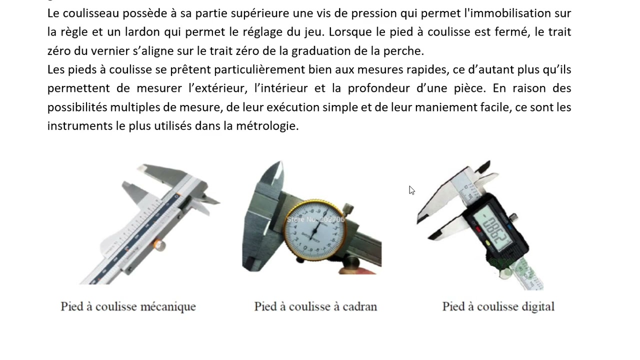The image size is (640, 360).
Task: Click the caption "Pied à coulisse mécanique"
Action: point(128,306)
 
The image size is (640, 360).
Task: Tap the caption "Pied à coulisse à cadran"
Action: point(315,306)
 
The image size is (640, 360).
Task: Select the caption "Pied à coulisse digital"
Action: point(498,306)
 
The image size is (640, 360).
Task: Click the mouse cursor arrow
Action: point(411,189)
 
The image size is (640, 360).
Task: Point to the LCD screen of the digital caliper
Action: point(492,228)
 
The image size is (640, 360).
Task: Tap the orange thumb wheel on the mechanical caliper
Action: point(158,244)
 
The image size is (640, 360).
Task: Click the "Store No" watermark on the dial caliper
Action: point(315,219)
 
